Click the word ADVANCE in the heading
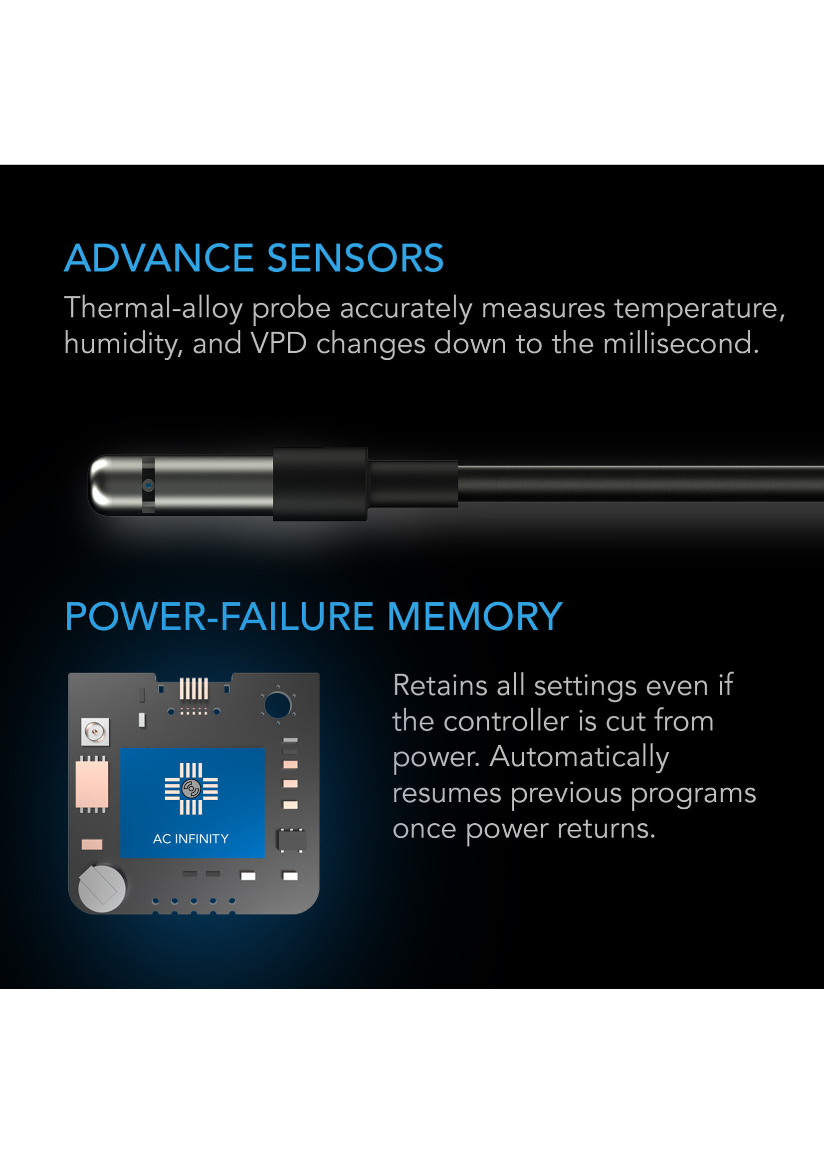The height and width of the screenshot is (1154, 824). click(x=158, y=258)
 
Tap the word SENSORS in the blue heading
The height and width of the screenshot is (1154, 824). click(x=355, y=258)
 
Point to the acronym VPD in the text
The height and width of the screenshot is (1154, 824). click(x=278, y=344)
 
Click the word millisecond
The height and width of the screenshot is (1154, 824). click(x=680, y=344)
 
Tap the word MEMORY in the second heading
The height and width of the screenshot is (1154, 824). click(x=474, y=617)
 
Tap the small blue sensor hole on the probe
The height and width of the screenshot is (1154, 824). click(x=148, y=485)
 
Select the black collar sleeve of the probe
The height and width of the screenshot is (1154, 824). click(x=320, y=484)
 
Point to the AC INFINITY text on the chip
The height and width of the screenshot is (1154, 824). click(x=191, y=839)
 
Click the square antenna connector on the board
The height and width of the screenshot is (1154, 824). click(x=95, y=732)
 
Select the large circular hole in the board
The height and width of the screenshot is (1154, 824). click(x=277, y=705)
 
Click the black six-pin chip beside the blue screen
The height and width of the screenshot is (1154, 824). click(x=291, y=840)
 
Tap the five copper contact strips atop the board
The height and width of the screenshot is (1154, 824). click(x=194, y=689)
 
